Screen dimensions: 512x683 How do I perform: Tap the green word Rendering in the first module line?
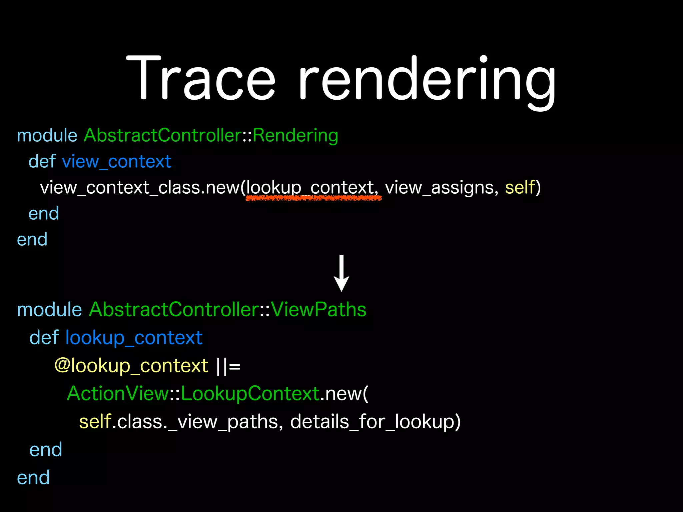295,136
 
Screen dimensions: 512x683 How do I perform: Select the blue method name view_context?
117,162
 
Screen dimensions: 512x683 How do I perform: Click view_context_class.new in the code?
140,188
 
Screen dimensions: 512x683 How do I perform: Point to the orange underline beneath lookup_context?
313,198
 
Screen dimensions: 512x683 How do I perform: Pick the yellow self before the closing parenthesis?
520,187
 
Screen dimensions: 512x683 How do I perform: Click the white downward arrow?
341,273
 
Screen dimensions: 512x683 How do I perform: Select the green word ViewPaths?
319,310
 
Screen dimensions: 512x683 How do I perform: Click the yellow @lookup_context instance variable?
131,366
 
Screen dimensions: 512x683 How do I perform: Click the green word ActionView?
118,394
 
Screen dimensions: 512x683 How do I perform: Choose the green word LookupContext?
250,394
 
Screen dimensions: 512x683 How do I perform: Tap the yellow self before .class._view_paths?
95,422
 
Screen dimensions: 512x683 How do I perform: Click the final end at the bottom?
33,477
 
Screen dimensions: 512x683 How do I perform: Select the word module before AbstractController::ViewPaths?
49,310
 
